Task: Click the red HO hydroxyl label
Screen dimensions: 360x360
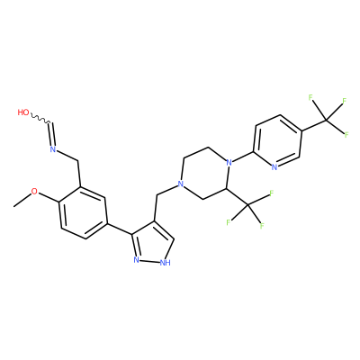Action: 23,112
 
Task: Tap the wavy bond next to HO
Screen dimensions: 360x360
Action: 41,119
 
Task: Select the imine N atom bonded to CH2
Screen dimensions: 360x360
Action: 53,149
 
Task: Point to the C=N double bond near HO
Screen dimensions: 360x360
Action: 52,134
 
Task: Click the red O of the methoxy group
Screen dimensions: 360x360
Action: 35,192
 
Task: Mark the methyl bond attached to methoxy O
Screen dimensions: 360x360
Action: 22,200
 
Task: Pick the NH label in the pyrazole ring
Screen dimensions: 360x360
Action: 165,263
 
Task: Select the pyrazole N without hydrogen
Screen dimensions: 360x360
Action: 137,259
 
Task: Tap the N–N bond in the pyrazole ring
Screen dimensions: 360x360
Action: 150,261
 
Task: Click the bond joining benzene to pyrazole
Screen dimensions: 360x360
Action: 120,229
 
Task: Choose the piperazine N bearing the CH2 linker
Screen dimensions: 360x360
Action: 180,184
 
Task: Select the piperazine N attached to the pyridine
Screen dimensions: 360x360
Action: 229,163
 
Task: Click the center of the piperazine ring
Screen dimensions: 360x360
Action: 205,173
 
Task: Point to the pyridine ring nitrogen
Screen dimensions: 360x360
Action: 274,167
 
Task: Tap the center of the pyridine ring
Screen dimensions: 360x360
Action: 277,141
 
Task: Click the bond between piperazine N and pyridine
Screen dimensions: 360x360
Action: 243,157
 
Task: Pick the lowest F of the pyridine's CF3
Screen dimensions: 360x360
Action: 346,135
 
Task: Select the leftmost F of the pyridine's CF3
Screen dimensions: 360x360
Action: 310,97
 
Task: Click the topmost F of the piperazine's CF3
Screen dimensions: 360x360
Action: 271,193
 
